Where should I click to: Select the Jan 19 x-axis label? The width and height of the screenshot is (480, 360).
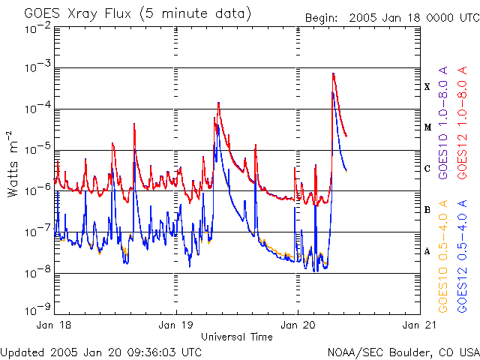click(x=176, y=326)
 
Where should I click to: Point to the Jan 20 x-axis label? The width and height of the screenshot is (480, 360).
click(x=298, y=326)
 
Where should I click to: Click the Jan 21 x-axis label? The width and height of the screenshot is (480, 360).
click(x=418, y=326)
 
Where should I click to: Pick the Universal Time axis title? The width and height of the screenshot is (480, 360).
click(x=237, y=337)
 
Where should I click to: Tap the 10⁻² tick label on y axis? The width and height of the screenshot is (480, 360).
click(x=37, y=28)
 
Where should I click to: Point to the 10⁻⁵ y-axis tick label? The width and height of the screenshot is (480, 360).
click(x=37, y=148)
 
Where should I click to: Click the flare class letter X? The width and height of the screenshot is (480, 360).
click(x=427, y=87)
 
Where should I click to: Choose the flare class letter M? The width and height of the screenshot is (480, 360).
click(x=427, y=127)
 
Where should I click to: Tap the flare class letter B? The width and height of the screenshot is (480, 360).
click(x=427, y=210)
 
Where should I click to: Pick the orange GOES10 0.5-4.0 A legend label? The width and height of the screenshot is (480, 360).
click(x=443, y=255)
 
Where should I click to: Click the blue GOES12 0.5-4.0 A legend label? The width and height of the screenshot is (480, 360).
click(x=464, y=255)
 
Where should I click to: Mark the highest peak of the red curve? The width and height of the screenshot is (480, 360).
click(x=333, y=73)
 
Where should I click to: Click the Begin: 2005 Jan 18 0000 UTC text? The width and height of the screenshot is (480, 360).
click(x=391, y=18)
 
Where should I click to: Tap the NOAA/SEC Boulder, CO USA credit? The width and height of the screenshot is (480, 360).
click(x=403, y=351)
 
